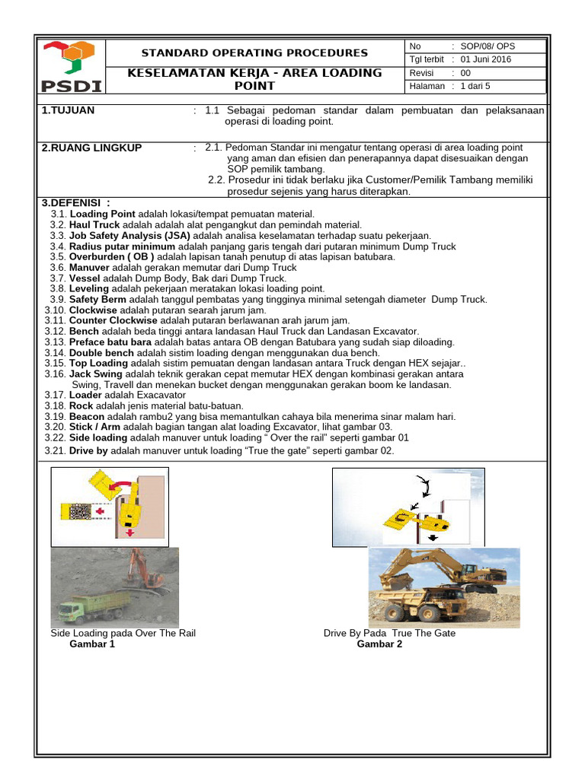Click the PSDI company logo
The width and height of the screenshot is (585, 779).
[71, 67]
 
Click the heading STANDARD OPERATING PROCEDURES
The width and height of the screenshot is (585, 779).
[255, 52]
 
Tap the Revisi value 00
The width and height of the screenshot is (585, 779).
[466, 73]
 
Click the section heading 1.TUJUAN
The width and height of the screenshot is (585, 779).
[69, 111]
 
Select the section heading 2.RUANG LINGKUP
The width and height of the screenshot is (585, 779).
[91, 148]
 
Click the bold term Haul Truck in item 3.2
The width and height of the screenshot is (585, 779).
[94, 225]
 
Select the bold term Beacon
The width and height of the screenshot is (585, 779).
[88, 417]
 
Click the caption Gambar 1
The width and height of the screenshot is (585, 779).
[92, 644]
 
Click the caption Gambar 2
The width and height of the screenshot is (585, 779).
[379, 644]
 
